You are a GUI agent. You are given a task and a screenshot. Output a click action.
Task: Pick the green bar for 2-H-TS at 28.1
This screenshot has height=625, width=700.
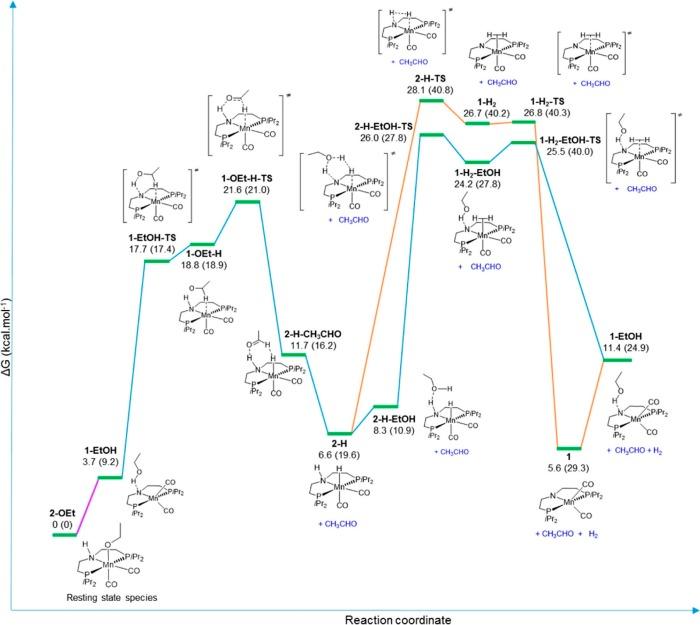pyautogui.click(x=432, y=100)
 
